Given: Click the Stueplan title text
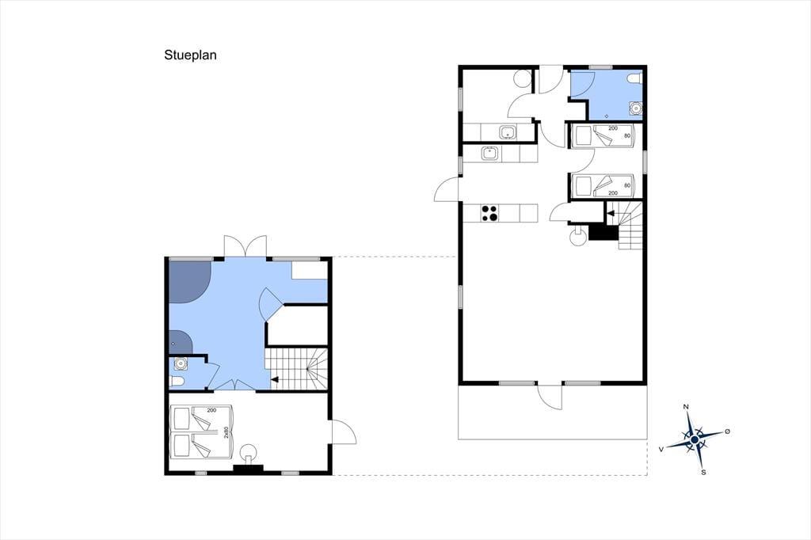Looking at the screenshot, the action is point(190,55).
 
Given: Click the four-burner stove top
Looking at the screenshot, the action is point(489,213).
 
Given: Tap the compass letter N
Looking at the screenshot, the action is point(687,407).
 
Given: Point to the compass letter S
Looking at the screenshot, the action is point(703,472).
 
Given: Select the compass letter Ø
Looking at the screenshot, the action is point(727,432).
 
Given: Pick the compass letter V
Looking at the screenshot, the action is point(661,450).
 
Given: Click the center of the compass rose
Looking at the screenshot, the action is point(695,439).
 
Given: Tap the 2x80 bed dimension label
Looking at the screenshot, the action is point(226,432).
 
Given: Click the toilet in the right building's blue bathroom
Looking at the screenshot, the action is point(634,78).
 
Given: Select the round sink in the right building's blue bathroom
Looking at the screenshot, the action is point(635,108).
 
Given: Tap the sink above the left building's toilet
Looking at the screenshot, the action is point(181,364).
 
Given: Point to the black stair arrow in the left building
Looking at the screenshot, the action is point(275,379).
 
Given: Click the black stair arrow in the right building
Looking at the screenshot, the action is point(611,213).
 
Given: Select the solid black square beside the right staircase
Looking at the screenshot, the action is point(603,233).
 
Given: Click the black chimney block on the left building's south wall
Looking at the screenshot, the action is point(248,470).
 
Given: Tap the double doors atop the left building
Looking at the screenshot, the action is point(246,246).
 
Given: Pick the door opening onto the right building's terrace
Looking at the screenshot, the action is point(550,397).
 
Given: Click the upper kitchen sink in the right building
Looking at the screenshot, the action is point(508,132).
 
